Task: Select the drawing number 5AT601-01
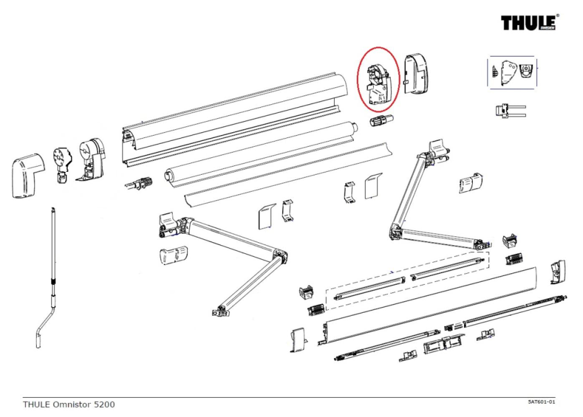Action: pyautogui.click(x=541, y=402)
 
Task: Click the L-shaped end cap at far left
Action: pyautogui.click(x=27, y=175)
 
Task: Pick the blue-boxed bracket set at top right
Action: pyautogui.click(x=512, y=72)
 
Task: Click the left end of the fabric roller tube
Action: pyautogui.click(x=169, y=174)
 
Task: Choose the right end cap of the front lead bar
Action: pyautogui.click(x=558, y=272)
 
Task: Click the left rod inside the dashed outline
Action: pyautogui.click(x=370, y=288)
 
